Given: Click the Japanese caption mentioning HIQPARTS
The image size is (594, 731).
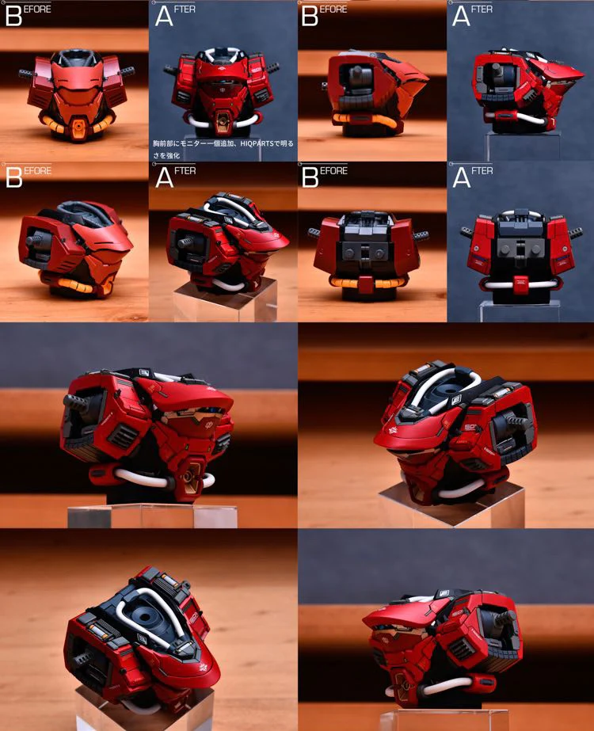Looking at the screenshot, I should coord(223,148).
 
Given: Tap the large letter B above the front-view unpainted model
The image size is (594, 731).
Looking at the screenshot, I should coord(13,16).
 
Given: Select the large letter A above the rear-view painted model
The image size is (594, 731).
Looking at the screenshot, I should coord(460,177).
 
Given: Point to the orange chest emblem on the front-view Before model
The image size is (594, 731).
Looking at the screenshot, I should coord(78,130).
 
